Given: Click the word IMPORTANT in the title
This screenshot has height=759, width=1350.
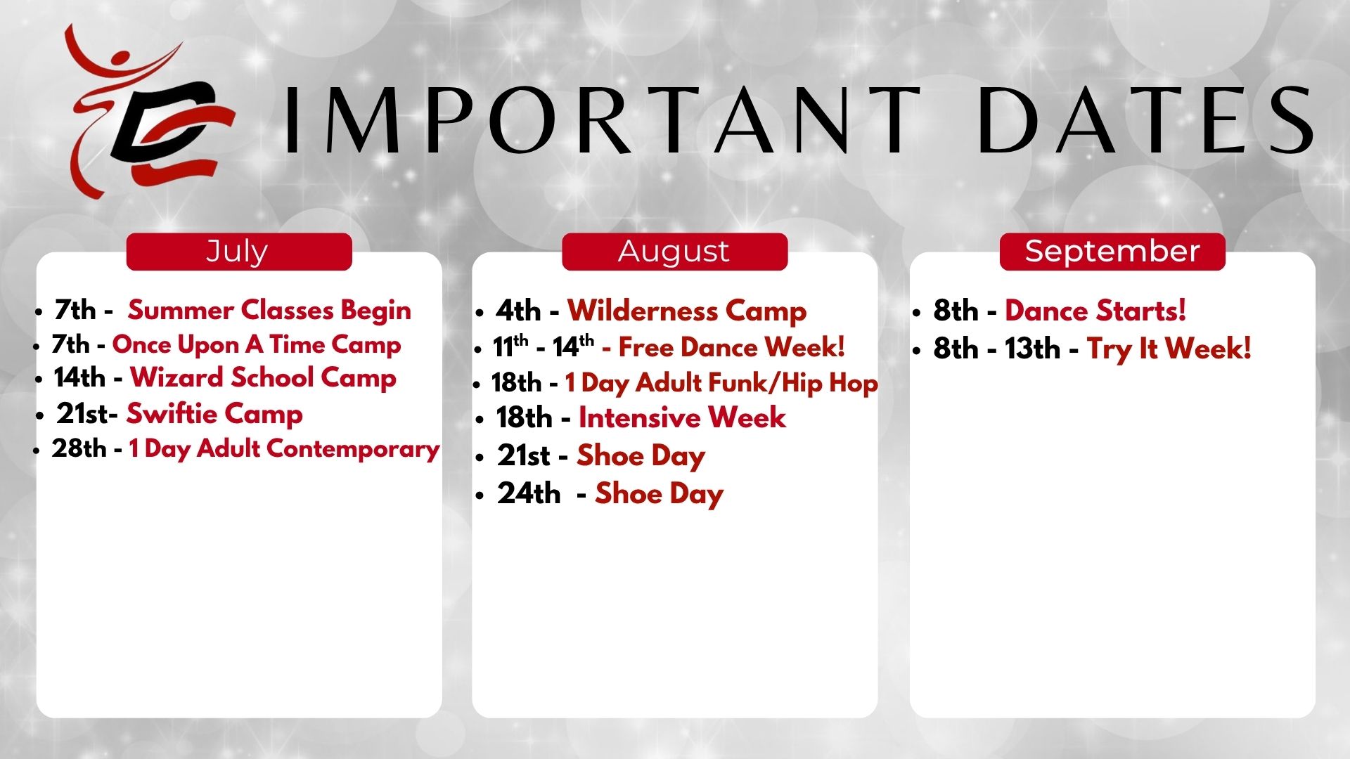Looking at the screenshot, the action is [x=603, y=120].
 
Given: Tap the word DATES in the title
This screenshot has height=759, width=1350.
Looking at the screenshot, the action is [x=1145, y=120].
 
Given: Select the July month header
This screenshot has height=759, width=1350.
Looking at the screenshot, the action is [x=238, y=252].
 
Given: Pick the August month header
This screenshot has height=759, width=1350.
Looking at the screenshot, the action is [x=674, y=252].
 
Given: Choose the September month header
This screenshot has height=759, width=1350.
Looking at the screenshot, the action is [x=1112, y=252].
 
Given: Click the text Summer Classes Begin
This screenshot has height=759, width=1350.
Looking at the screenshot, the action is [x=269, y=311].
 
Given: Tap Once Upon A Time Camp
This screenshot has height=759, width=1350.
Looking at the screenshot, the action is [x=257, y=344].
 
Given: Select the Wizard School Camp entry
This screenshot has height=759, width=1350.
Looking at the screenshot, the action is [x=263, y=378].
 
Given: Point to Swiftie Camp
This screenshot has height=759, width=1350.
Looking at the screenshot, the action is [x=214, y=414].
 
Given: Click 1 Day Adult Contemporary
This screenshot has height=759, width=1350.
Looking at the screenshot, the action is [x=284, y=449].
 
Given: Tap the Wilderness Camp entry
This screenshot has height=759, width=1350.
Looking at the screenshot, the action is [x=687, y=311].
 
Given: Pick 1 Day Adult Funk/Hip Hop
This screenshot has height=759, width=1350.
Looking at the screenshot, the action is [x=721, y=383].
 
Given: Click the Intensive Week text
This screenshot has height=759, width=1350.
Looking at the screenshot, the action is [x=682, y=418].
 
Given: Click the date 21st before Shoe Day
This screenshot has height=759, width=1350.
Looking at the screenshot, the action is [x=524, y=456].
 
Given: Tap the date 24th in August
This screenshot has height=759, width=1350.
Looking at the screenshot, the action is [x=529, y=493].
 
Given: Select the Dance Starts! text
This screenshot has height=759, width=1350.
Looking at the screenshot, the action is [x=1095, y=311].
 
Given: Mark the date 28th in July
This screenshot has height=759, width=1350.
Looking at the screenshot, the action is [x=79, y=448].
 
